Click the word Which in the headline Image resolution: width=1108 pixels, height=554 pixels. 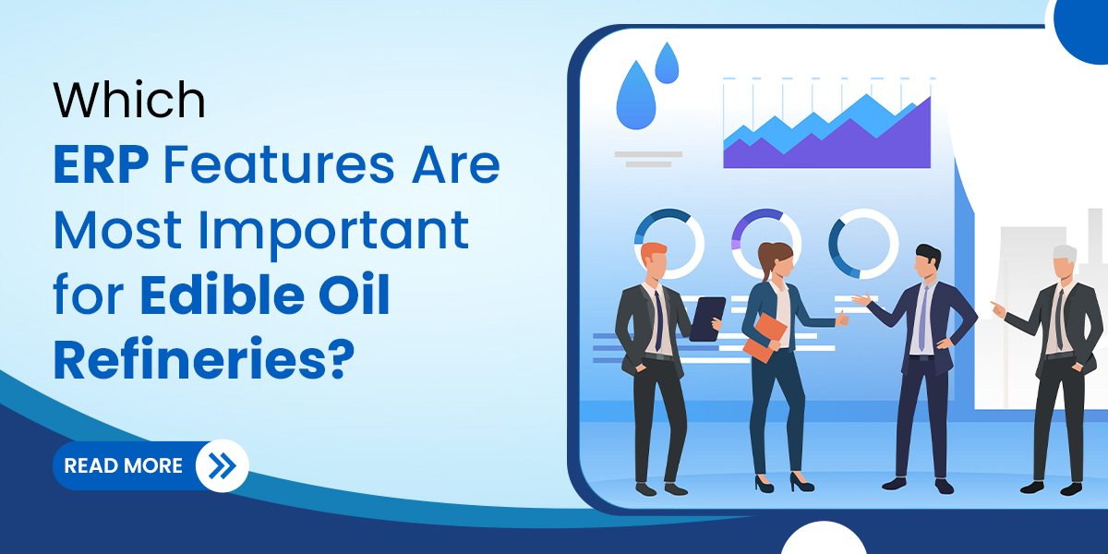[x=129, y=101]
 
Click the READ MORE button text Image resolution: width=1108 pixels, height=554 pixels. [x=123, y=465]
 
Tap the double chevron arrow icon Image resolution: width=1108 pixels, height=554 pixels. [x=223, y=465]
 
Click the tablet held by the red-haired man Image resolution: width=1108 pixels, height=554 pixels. [x=706, y=319]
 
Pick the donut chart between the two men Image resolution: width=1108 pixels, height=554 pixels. [x=863, y=244]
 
